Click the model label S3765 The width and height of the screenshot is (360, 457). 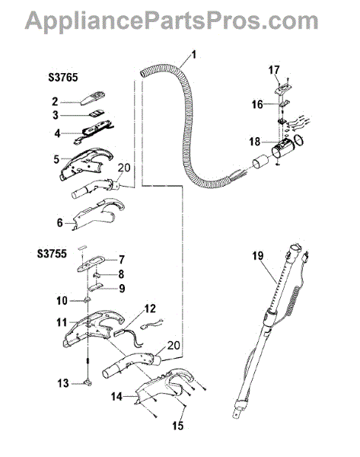(63, 78)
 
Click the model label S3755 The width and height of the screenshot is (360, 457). (52, 254)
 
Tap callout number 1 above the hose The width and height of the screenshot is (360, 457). (193, 55)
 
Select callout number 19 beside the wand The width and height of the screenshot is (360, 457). (258, 256)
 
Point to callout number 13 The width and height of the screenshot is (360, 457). (62, 383)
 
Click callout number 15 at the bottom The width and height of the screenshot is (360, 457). (178, 426)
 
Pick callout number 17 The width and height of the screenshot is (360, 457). (274, 70)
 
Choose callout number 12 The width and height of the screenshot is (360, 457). (150, 308)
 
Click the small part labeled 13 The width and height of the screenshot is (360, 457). (88, 383)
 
